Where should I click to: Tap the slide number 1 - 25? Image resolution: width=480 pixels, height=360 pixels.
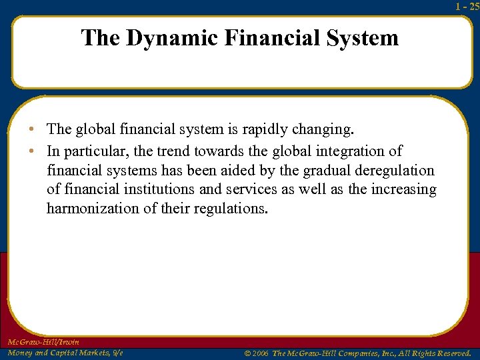click(x=467, y=7)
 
